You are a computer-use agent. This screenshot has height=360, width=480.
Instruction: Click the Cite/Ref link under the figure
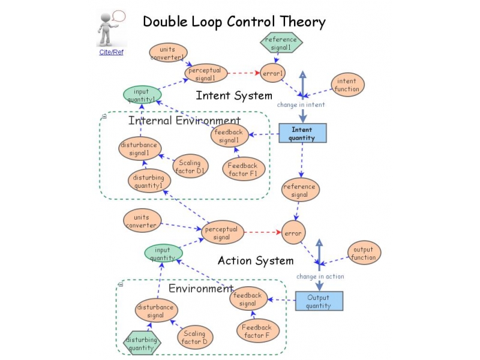click(111, 52)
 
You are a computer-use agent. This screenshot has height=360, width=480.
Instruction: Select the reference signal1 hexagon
click(281, 43)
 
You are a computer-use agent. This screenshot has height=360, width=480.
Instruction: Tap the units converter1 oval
click(168, 52)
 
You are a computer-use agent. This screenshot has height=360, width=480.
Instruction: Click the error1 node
click(273, 74)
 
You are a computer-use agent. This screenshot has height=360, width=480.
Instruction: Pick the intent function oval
click(347, 85)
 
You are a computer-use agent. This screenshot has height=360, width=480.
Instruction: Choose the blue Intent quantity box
click(302, 133)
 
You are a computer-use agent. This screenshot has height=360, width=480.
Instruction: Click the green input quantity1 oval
click(142, 95)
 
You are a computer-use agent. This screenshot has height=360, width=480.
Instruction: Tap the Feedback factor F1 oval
click(242, 170)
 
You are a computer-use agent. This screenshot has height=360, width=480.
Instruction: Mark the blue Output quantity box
click(318, 301)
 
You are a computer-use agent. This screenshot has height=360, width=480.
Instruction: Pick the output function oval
click(364, 253)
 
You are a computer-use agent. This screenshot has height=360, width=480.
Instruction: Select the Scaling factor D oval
click(194, 338)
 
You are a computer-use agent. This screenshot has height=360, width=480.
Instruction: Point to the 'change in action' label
click(320, 277)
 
